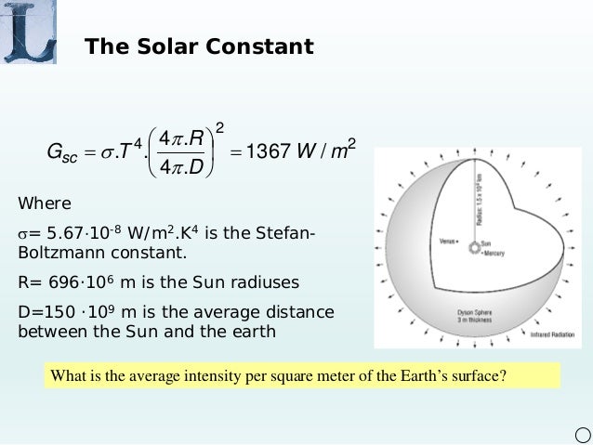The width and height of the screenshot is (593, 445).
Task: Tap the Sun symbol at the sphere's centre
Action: [473, 247]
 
